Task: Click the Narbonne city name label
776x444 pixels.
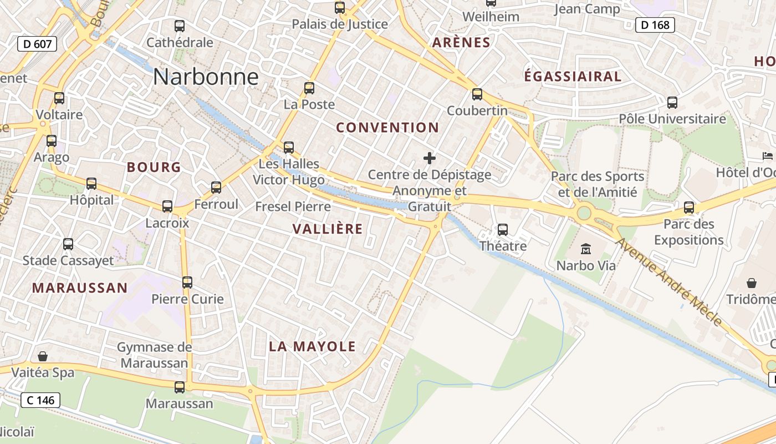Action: tap(206, 77)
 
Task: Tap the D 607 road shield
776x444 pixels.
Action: tap(37, 44)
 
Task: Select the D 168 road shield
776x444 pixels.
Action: tap(655, 25)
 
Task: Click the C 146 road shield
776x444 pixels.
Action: tap(40, 400)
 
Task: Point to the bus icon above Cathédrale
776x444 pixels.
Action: tap(180, 26)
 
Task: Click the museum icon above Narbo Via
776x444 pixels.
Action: tap(586, 249)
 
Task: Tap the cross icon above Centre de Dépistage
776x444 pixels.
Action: tap(430, 159)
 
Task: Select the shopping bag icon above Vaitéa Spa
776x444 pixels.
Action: tap(43, 356)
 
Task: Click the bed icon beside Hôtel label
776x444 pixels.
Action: tap(768, 156)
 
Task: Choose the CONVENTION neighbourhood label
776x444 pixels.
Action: tap(387, 128)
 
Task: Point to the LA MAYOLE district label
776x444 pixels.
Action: tap(312, 347)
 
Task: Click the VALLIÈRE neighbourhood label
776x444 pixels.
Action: tap(328, 229)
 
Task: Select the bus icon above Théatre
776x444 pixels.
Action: tap(503, 229)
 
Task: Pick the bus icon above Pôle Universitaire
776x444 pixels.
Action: tap(672, 103)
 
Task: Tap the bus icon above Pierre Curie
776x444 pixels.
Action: tap(187, 282)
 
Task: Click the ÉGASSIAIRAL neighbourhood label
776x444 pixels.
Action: tap(573, 77)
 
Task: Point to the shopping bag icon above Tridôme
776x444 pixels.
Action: tap(752, 283)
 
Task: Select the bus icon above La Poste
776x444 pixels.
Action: tap(309, 88)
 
